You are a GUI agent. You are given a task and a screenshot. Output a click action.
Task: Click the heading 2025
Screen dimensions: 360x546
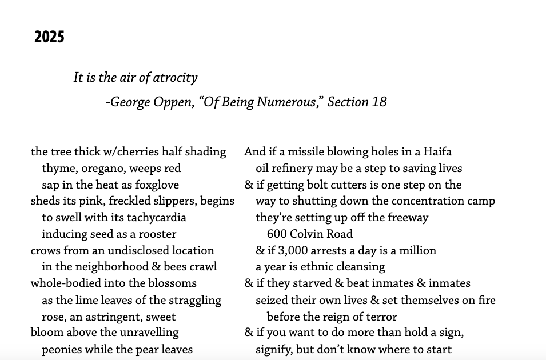pos(49,38)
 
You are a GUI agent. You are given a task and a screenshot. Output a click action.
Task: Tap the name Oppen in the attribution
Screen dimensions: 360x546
pos(175,102)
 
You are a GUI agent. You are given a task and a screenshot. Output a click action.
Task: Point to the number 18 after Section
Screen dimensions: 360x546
pos(379,102)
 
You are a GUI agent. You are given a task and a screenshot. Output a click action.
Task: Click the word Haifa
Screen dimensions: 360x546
pos(437,152)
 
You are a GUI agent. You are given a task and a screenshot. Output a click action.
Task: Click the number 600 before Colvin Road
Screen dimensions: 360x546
pos(276,234)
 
